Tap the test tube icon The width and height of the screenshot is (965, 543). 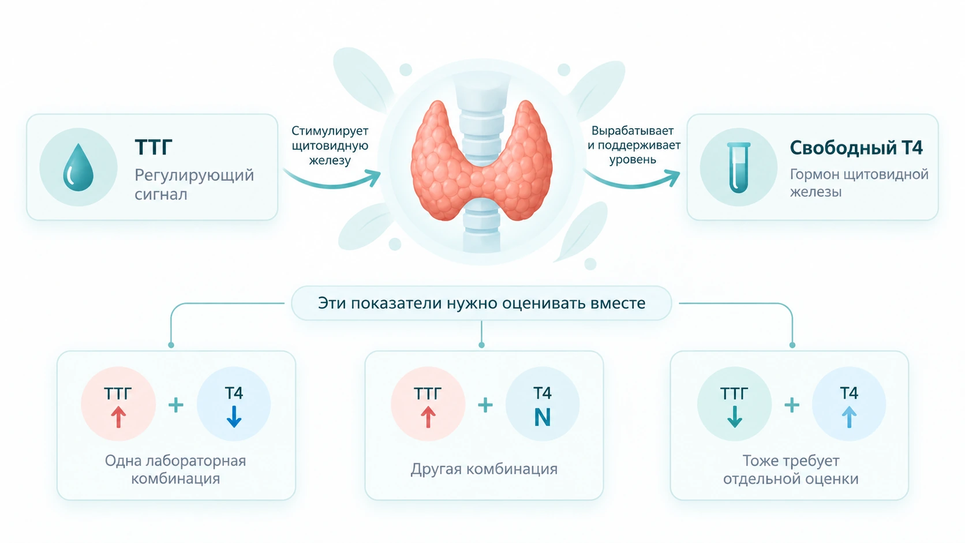pos(738,167)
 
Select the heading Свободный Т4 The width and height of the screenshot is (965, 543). pos(856,148)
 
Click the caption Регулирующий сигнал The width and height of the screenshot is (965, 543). pos(194,184)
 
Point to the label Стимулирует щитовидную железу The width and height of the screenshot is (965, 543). pos(330,145)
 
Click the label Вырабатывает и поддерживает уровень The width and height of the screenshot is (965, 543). pos(633,145)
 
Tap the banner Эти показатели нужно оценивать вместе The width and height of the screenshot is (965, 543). pos(481,303)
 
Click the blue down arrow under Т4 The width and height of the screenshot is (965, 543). pos(234,417)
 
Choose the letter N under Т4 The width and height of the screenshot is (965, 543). pos(543,417)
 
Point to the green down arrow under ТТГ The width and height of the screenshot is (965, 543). pos(735,417)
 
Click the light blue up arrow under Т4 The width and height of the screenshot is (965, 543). pos(849,417)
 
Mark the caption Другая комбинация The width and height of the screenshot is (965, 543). pos(484,469)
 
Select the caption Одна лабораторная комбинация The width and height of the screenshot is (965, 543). pos(175,469)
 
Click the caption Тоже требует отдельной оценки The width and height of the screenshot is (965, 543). pos(791,469)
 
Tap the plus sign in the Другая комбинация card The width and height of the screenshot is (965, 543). pos(485,405)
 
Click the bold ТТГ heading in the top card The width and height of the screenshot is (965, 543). pos(154,147)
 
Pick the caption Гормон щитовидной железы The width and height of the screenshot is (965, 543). pos(859,182)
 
